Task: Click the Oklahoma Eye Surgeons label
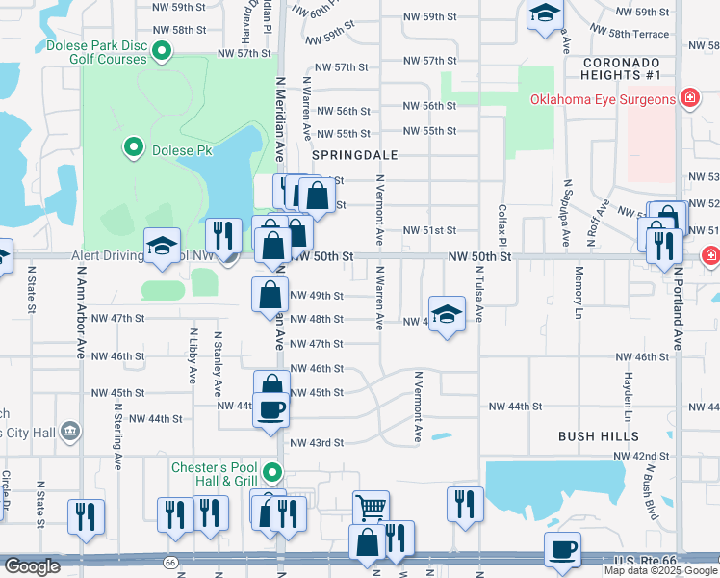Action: click(x=602, y=98)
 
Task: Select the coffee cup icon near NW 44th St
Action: click(x=272, y=408)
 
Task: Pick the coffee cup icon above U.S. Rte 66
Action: click(x=563, y=549)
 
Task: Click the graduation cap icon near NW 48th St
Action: click(x=447, y=314)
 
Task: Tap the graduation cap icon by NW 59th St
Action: click(x=545, y=13)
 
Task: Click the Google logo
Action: click(x=32, y=566)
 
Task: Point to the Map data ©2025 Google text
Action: click(x=660, y=570)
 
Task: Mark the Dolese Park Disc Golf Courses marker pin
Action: click(x=163, y=51)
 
